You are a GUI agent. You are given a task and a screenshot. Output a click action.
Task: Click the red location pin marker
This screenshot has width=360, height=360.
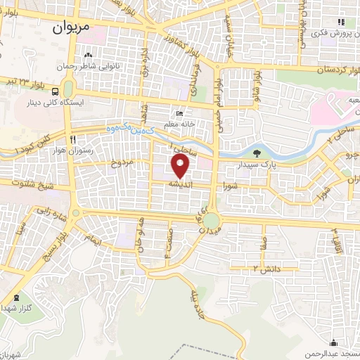tap(181, 167)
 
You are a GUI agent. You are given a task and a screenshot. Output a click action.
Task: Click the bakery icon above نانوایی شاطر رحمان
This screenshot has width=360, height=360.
tap(89, 56)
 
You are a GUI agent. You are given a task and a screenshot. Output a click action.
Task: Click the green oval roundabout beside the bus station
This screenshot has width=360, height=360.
tap(68, 89)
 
